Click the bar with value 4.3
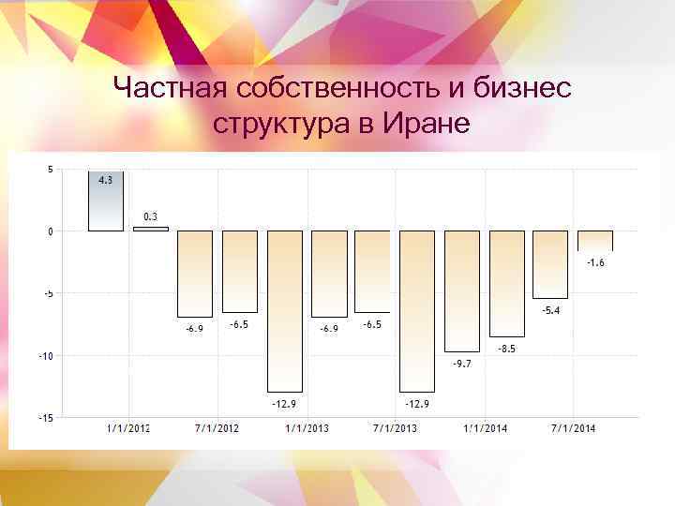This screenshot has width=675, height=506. click(x=106, y=201)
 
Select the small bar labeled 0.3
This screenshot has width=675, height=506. click(x=150, y=229)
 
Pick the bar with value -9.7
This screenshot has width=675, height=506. click(x=461, y=291)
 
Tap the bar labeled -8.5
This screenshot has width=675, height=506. click(x=506, y=283)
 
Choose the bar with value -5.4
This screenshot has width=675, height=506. click(x=550, y=264)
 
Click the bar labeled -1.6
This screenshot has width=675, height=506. click(x=594, y=241)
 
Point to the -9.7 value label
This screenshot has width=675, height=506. click(x=461, y=363)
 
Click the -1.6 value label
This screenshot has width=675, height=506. click(x=595, y=263)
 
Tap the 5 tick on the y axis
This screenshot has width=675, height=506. click(x=49, y=170)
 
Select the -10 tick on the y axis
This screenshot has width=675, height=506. click(x=45, y=355)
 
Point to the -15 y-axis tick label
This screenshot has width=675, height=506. click(x=45, y=418)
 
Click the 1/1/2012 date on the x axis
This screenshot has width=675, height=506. click(x=127, y=429)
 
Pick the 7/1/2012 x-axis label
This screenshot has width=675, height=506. click(x=217, y=429)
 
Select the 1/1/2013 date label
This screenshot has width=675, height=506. click(x=307, y=429)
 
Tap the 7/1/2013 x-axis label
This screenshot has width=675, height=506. click(x=396, y=429)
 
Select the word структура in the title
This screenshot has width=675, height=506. click(x=277, y=123)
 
